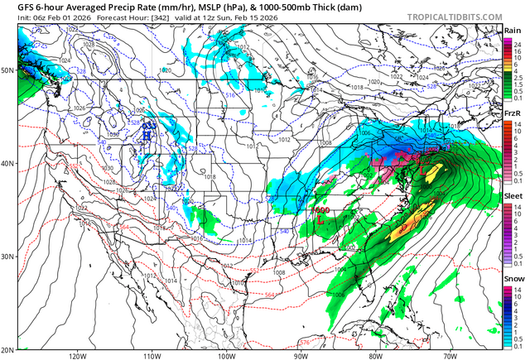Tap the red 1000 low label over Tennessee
[x=323, y=210]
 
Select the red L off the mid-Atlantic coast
[x=425, y=170]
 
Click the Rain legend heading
[x=513, y=31]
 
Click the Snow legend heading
[x=513, y=280]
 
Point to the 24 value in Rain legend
[x=518, y=41]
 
